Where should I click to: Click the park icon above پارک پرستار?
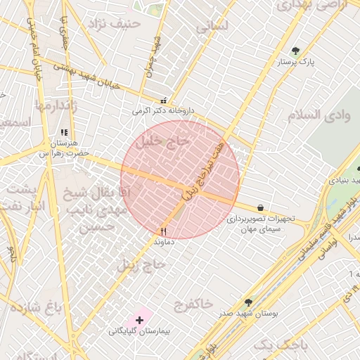[295, 51]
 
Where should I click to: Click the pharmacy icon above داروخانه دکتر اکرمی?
[164, 100]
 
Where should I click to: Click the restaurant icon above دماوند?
[164, 231]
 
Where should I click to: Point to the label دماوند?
[164, 241]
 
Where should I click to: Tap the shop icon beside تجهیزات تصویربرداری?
[261, 208]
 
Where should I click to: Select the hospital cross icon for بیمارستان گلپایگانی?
[139, 320]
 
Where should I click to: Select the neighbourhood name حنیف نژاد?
[115, 24]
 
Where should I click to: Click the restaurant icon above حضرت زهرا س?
[64, 132]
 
